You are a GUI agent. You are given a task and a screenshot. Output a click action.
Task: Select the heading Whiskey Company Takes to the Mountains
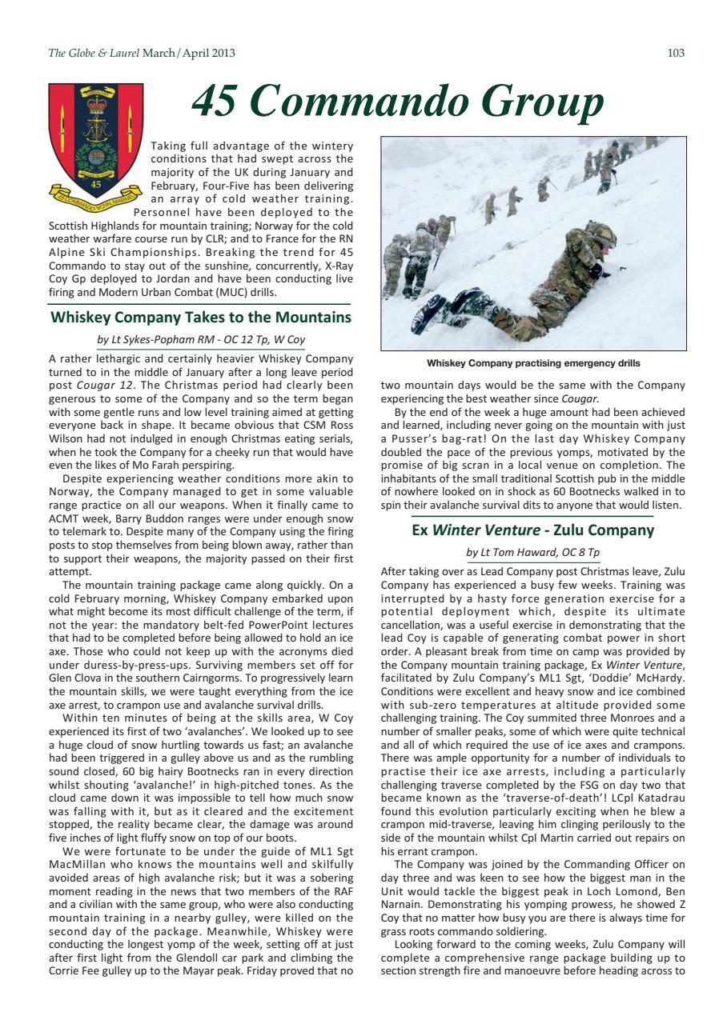pyautogui.click(x=201, y=317)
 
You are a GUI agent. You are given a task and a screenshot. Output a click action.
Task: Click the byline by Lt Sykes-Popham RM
pyautogui.click(x=201, y=339)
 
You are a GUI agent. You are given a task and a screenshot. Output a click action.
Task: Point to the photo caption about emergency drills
pyautogui.click(x=533, y=363)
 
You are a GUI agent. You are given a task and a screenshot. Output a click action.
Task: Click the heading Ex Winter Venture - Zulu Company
pyautogui.click(x=532, y=530)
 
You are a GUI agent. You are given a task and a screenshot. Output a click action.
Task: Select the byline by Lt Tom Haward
pyautogui.click(x=532, y=553)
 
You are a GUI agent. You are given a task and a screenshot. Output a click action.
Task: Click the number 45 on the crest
pyautogui.click(x=95, y=183)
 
